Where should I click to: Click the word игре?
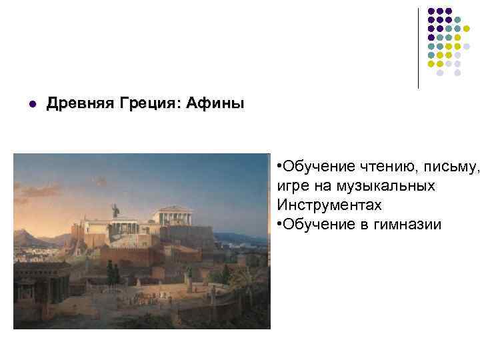(x=291, y=186)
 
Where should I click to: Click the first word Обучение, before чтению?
(x=311, y=167)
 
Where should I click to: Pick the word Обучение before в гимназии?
(x=311, y=224)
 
